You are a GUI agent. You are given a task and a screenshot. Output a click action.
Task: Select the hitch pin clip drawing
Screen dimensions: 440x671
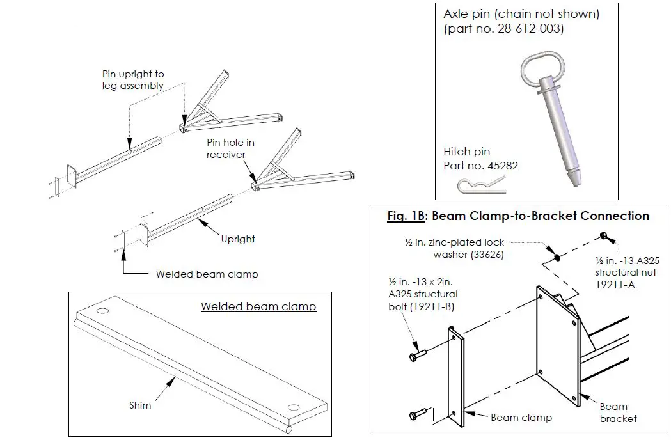(481, 186)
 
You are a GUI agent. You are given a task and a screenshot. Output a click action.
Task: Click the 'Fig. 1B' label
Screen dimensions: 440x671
(406, 216)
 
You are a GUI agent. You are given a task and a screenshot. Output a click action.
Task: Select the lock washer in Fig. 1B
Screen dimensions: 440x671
(557, 258)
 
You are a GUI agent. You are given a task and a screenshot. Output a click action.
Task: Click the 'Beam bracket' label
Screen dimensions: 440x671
(617, 412)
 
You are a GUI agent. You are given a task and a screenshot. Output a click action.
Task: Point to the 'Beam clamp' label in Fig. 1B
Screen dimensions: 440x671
(521, 418)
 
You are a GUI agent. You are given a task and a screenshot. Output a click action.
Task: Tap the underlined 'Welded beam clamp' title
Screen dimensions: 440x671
(258, 306)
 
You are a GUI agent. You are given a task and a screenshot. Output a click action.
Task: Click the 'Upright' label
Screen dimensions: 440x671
(237, 239)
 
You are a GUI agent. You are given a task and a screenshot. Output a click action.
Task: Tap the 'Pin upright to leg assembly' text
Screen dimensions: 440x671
(133, 80)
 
